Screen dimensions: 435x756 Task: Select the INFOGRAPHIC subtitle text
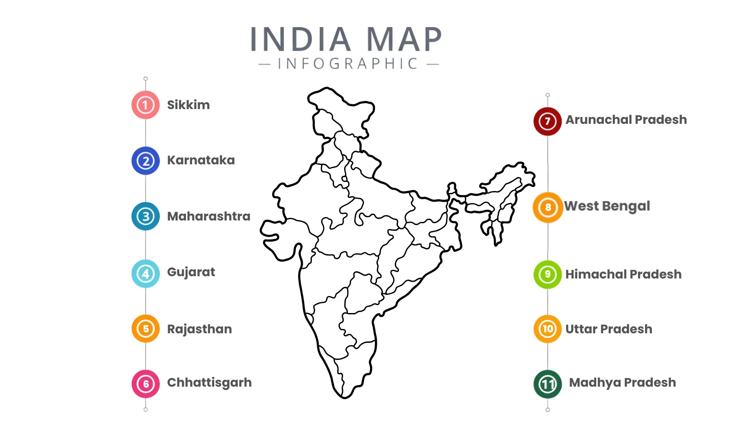348,64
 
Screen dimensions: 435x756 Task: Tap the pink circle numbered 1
146,105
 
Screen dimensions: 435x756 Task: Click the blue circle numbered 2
146,161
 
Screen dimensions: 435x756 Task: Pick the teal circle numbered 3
146,216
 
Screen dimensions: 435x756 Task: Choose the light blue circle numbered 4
146,274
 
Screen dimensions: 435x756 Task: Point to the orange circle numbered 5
146,329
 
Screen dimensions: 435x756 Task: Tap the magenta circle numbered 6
146,383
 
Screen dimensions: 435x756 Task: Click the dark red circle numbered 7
547,121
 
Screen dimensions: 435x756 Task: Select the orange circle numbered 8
548,207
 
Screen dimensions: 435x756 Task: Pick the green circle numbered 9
547,274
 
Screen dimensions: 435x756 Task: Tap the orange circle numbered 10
547,329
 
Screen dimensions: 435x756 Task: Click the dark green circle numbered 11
547,384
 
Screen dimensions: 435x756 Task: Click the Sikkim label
188,105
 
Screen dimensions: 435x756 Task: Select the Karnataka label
201,160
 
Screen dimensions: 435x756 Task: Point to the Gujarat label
191,272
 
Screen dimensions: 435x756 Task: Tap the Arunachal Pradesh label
626,120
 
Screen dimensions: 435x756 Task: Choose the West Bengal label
607,206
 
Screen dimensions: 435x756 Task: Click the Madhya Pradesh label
622,383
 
